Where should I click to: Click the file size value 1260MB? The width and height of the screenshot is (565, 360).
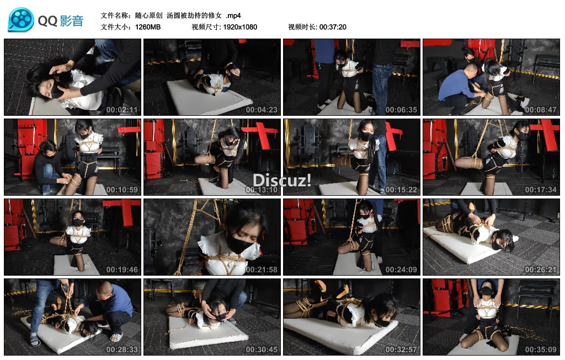pos(148,27)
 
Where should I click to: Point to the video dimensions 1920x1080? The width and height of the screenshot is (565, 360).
pos(240,27)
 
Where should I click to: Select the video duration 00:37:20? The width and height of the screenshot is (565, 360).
pos(333,27)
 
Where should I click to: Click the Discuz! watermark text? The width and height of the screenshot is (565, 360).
pos(282,180)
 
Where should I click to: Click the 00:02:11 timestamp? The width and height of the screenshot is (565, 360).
pos(122,110)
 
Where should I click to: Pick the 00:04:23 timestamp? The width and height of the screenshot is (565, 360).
pos(262,110)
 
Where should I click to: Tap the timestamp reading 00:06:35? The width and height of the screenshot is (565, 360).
pos(401,110)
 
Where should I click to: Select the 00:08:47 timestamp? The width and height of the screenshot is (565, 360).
pos(541,110)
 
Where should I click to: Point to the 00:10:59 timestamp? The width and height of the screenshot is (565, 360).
pos(122,190)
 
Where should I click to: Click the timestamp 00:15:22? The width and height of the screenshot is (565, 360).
pos(401,190)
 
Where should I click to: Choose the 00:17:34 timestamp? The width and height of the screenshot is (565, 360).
pos(541,190)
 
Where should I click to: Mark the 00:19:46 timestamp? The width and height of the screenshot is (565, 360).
pos(122,270)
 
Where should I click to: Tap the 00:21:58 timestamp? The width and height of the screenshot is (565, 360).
pos(262,270)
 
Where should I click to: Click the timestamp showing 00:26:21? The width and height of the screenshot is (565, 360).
pos(541,270)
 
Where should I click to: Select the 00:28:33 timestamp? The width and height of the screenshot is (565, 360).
pos(122,350)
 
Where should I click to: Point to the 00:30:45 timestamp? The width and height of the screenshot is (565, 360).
pos(262,350)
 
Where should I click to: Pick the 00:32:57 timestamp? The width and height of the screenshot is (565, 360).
pos(401,350)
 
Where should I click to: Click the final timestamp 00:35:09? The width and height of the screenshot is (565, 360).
pos(541,350)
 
